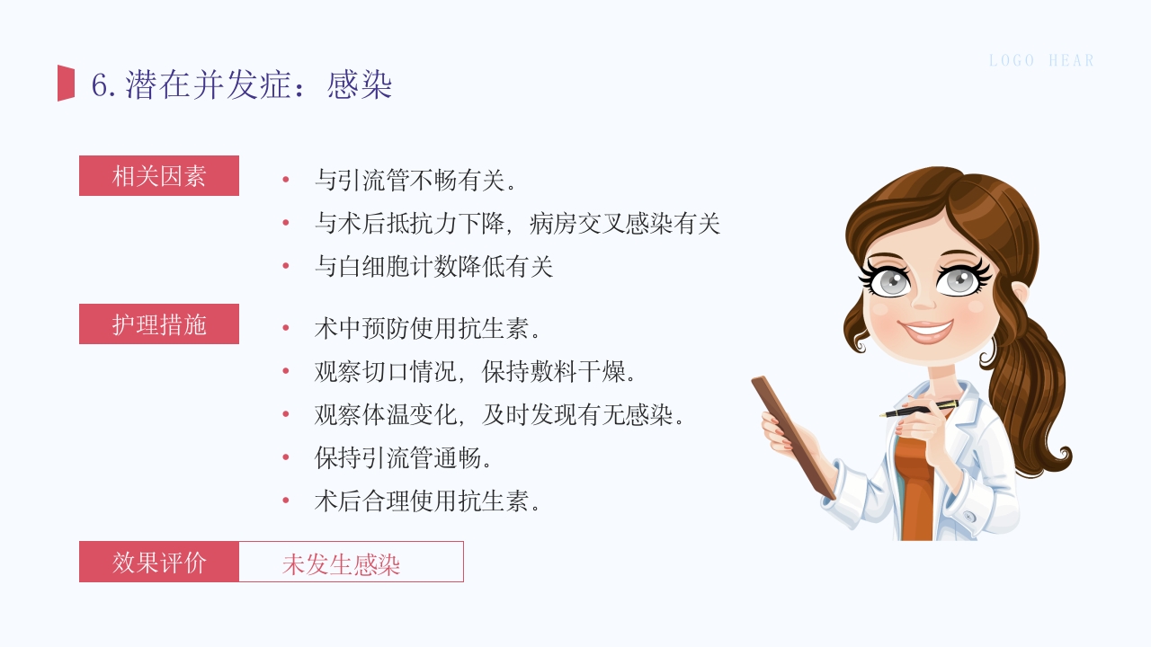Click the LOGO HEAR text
coord(1041,61)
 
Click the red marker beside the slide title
coord(67,84)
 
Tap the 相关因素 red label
coord(159,176)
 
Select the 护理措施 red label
coord(159,324)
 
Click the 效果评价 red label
coord(159,562)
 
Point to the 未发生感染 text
coord(341,563)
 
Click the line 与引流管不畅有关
coord(415,181)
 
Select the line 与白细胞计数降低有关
coord(433,267)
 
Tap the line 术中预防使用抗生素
coord(427,328)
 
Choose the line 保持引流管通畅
coord(403,458)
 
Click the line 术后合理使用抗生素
coord(427,501)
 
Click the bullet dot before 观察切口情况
coord(286,371)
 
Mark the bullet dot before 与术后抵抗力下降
coord(286,223)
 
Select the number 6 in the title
coord(100,86)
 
